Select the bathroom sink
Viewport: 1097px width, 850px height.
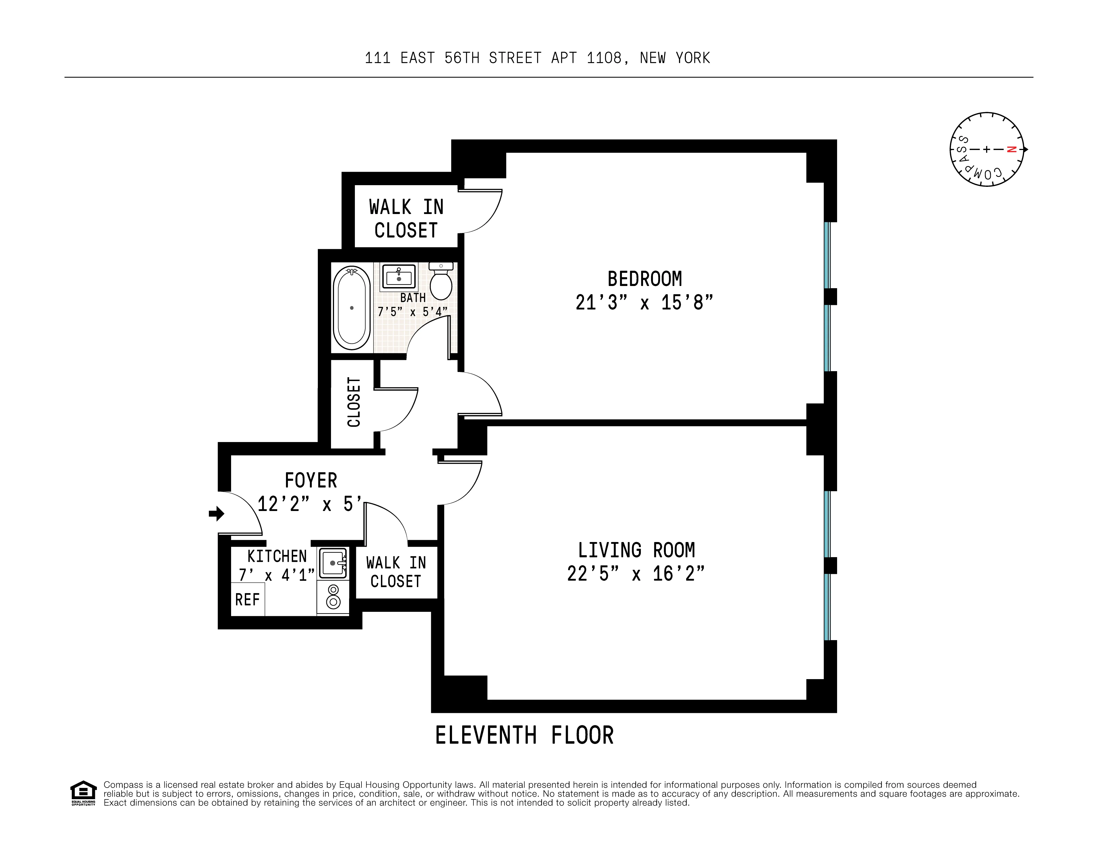pos(399,276)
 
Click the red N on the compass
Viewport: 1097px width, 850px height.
pos(1012,149)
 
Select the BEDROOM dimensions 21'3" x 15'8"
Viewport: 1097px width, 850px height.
pos(644,302)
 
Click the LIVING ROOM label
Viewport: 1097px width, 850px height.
pos(636,550)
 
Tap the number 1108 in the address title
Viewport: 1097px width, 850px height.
pos(604,58)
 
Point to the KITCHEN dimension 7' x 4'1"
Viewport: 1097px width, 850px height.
pos(277,574)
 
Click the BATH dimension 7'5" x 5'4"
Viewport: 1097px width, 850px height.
pos(413,312)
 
